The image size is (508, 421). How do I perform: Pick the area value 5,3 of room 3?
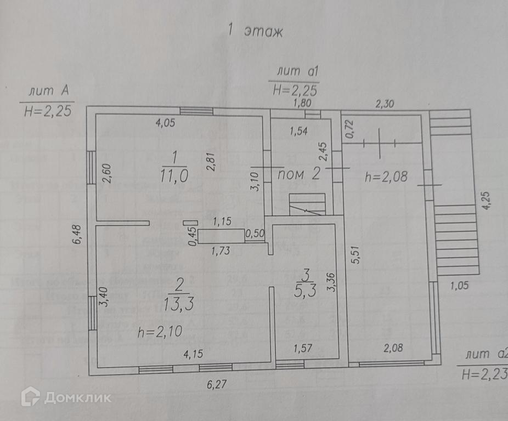point(305,291)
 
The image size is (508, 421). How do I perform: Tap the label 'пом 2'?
point(299,175)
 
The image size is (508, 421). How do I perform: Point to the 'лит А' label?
point(46,92)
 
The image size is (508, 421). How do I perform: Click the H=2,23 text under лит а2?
point(484,374)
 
